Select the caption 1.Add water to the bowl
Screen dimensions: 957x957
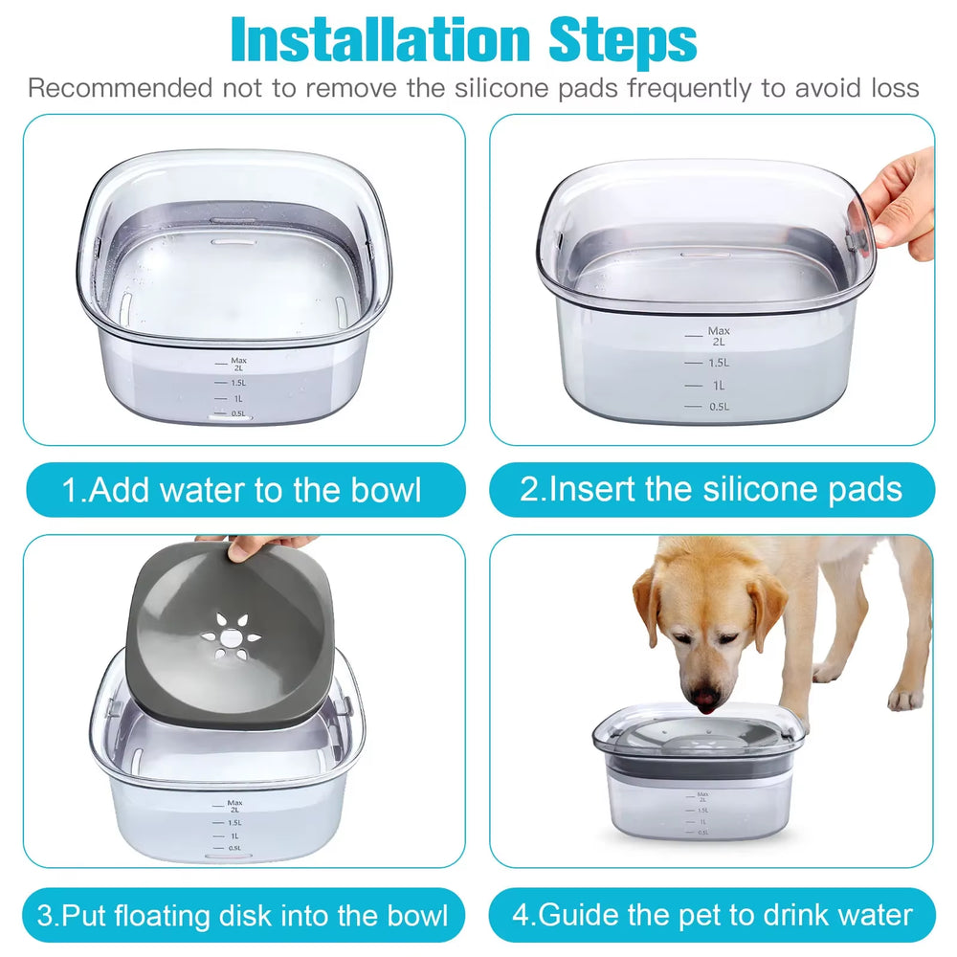coord(242,490)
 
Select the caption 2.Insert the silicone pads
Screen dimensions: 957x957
coord(711,490)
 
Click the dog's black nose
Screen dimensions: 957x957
coord(707,703)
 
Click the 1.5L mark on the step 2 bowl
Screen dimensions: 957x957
coord(719,363)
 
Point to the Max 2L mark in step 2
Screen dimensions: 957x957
coord(718,336)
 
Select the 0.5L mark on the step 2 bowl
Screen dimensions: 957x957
coord(719,407)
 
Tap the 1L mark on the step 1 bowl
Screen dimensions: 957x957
coord(235,398)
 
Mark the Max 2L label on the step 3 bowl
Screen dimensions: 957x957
coord(234,806)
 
